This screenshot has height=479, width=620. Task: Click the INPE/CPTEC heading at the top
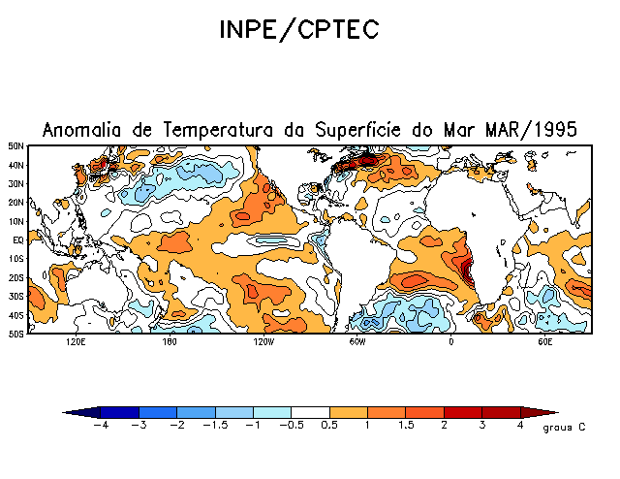(x=298, y=30)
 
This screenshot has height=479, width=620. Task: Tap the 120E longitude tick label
(x=75, y=342)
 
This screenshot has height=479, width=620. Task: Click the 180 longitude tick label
(x=169, y=342)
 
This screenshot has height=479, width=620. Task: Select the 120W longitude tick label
(x=263, y=342)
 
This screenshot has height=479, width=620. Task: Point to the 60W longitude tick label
(x=357, y=342)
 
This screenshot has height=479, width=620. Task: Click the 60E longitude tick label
(x=545, y=342)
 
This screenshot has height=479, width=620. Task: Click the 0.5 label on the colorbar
(x=329, y=425)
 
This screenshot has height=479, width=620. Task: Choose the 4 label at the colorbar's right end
(x=521, y=425)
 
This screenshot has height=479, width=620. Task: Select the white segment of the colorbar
(x=310, y=412)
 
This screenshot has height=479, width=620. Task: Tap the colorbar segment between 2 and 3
(x=464, y=412)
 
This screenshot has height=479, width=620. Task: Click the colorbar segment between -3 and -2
(x=157, y=412)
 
